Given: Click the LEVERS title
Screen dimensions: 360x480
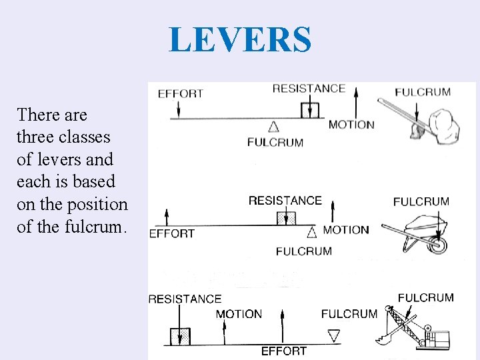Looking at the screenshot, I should [x=240, y=39].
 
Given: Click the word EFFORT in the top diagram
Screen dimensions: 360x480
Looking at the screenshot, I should [x=180, y=94].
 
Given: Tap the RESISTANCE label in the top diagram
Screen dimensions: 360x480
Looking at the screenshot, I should [x=309, y=89].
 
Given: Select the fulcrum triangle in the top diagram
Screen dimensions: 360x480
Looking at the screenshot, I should [x=273, y=126].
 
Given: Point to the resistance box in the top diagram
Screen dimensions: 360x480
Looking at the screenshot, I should [x=310, y=110].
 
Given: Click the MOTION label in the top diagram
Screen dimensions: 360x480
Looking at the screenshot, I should [x=351, y=125].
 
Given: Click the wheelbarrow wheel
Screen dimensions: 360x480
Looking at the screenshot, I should [x=437, y=245].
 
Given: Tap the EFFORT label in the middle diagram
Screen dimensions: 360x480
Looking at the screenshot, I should [x=171, y=233].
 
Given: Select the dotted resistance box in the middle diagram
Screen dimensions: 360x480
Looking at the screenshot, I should [x=285, y=218].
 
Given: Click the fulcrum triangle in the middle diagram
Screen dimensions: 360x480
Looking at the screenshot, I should [x=312, y=232].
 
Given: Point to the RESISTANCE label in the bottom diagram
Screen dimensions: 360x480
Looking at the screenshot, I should [x=185, y=299].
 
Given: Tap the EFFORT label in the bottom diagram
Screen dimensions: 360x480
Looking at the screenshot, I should [x=283, y=351].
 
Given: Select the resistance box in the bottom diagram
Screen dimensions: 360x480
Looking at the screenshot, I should [x=180, y=336].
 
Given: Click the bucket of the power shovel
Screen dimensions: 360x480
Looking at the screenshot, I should [x=383, y=340].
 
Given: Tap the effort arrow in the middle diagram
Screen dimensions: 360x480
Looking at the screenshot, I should [x=167, y=217].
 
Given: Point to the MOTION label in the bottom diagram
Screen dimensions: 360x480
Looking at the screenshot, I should [x=239, y=314].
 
